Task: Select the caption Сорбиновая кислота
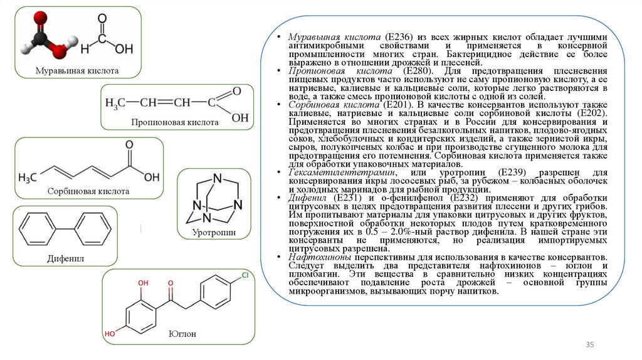88,191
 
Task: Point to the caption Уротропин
214,233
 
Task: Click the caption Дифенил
65,258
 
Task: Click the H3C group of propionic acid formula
117,102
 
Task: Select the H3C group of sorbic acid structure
29,177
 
